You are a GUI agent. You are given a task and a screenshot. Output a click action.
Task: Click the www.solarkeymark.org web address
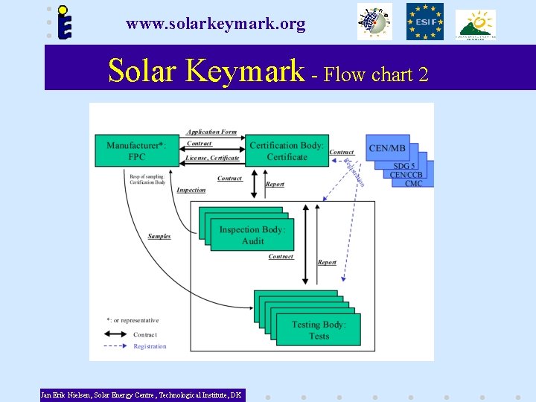(216, 25)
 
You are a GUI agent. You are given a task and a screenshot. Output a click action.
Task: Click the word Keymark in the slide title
(246, 71)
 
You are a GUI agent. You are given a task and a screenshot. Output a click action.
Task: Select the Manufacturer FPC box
(136, 151)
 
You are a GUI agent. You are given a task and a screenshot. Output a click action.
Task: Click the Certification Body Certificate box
(287, 151)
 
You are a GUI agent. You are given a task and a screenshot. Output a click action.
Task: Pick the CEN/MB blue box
(389, 149)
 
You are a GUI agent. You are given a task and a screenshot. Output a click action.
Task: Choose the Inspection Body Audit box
(252, 235)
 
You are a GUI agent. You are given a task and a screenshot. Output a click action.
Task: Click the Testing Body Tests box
(319, 330)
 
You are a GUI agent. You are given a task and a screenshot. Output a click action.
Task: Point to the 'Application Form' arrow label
(211, 133)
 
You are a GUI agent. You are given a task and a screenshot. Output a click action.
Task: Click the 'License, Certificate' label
(212, 158)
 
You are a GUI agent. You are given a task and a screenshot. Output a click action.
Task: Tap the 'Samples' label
(159, 237)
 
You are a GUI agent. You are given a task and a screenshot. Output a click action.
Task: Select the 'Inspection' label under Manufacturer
(191, 191)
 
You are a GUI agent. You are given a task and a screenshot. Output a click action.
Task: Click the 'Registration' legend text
(150, 346)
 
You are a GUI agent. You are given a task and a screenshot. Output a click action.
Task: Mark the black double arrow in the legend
(118, 335)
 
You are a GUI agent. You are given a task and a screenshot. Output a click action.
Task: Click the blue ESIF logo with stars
(424, 22)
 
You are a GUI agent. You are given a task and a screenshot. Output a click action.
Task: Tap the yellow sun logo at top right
(476, 24)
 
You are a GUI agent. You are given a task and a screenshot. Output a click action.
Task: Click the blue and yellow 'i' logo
(66, 23)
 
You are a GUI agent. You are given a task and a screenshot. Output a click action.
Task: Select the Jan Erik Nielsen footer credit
(141, 395)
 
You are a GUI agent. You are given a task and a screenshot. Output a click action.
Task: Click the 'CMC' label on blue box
(414, 183)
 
